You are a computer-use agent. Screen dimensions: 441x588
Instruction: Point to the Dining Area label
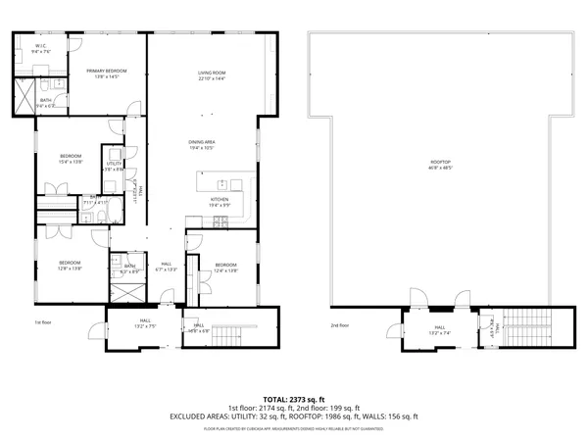click(202, 145)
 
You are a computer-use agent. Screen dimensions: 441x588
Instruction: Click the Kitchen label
click(220, 201)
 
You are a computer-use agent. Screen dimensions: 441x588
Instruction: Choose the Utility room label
click(114, 166)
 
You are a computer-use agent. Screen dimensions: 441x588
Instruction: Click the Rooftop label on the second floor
click(440, 165)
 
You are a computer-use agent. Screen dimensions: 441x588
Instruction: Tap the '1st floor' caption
click(41, 321)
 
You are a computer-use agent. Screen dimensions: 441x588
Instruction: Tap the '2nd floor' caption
click(339, 325)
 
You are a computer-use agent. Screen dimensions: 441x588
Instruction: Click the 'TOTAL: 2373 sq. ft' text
click(294, 400)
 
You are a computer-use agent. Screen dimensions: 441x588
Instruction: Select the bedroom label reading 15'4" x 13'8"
click(70, 159)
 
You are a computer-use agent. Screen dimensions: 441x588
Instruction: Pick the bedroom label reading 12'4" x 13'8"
click(225, 267)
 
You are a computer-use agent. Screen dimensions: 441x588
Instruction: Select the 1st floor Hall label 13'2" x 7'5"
click(144, 323)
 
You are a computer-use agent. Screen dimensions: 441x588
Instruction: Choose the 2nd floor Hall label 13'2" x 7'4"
click(440, 329)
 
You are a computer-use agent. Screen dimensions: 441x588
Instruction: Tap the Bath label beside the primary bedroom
click(46, 101)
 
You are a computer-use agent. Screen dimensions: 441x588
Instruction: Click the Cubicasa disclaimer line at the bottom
click(294, 428)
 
